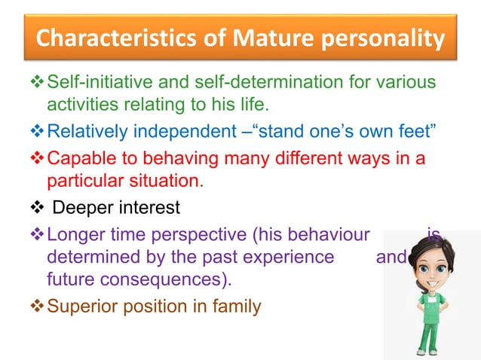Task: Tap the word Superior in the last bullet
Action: tap(79, 307)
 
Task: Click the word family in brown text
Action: tap(239, 307)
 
